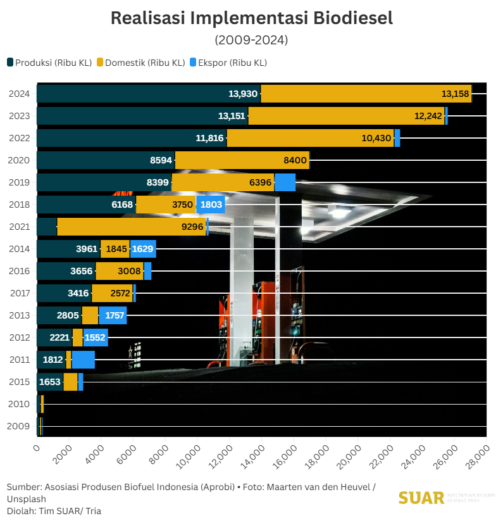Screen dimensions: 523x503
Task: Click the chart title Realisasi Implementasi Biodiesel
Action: [251, 18]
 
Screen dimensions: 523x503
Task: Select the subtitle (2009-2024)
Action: [251, 40]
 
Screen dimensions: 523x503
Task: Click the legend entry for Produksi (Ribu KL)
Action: [50, 63]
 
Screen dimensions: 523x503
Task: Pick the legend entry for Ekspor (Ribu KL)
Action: [228, 63]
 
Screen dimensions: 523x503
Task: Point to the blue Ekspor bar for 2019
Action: [285, 182]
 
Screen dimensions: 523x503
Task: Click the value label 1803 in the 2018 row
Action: [211, 205]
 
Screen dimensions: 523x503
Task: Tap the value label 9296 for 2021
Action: [192, 227]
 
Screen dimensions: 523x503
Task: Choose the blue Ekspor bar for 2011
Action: [83, 360]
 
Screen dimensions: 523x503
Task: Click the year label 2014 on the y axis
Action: [19, 249]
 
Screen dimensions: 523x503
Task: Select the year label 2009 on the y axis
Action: [19, 426]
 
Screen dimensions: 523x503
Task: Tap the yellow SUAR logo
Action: [421, 498]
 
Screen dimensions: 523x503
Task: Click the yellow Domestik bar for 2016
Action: [120, 271]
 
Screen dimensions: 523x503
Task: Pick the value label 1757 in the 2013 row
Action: [113, 315]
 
